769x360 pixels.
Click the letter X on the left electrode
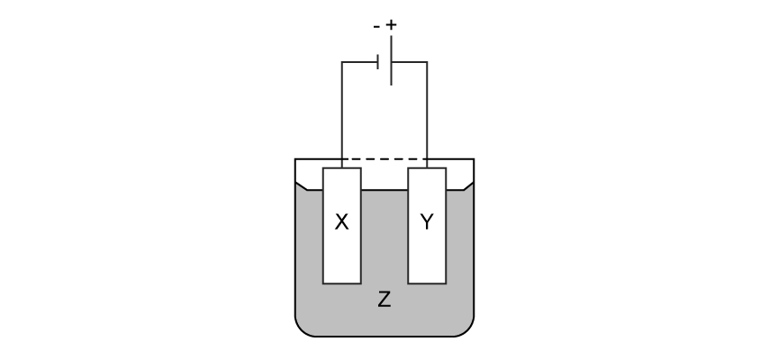click(x=341, y=222)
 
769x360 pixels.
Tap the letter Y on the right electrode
click(x=427, y=222)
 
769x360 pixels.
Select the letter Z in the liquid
click(x=384, y=301)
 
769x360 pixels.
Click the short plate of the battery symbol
click(x=378, y=62)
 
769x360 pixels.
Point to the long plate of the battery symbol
click(x=391, y=60)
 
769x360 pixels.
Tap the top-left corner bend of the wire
click(x=342, y=63)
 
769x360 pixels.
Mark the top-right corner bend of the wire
click(x=427, y=63)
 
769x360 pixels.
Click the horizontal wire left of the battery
click(x=359, y=63)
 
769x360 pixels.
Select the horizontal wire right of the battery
click(x=410, y=63)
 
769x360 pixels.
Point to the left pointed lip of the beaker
click(x=299, y=186)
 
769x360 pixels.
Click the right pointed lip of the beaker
click(x=470, y=186)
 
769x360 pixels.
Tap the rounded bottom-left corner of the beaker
click(x=303, y=328)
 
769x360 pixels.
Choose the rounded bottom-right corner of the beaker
click(x=466, y=328)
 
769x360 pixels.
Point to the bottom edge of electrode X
click(x=341, y=283)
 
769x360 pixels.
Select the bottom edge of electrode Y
click(x=427, y=283)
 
